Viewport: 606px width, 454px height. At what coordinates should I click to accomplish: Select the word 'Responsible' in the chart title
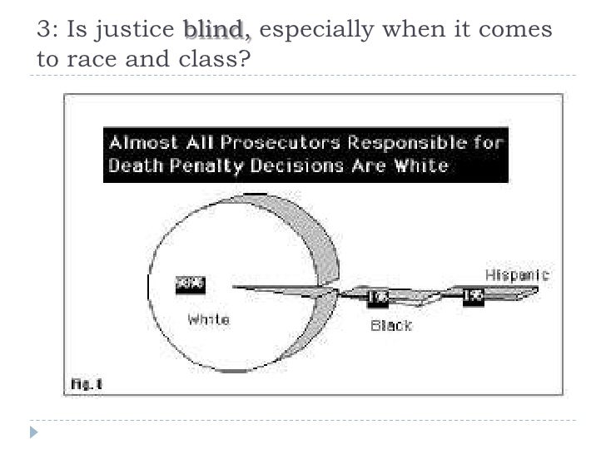(x=402, y=142)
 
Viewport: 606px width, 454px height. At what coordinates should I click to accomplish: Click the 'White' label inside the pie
(x=208, y=319)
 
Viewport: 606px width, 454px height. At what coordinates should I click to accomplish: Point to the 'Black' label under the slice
(x=390, y=326)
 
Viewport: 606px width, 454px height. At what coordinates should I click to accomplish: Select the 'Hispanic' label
(x=517, y=274)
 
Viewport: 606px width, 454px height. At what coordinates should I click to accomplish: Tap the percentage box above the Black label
(x=377, y=296)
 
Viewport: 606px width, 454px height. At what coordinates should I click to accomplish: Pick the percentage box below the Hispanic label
(x=474, y=296)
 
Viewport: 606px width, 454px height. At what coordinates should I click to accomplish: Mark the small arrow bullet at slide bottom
(x=34, y=432)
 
